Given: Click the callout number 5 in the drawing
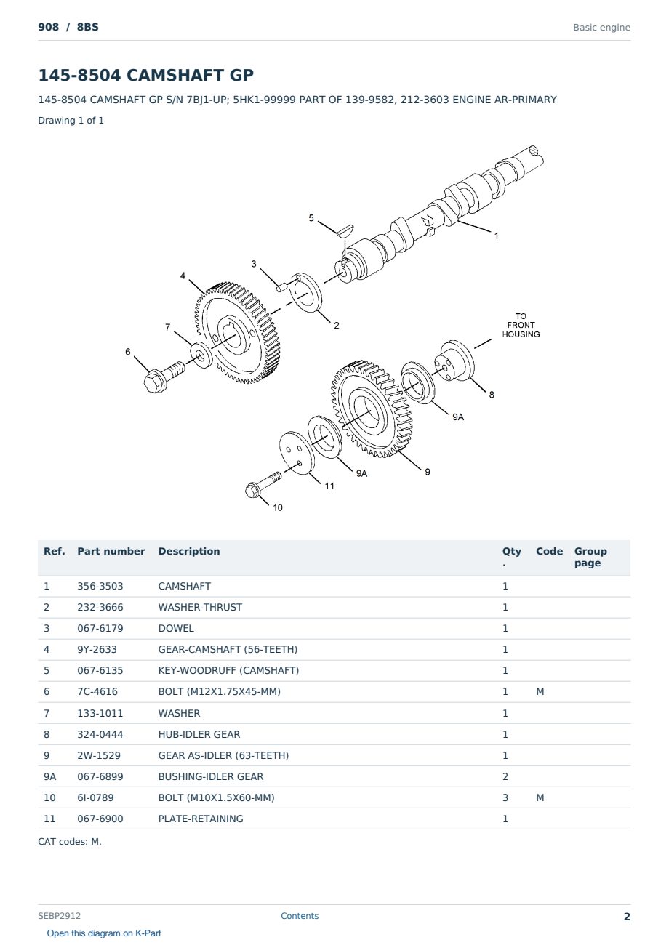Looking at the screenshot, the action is tap(311, 218).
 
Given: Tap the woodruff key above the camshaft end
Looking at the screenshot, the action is tap(346, 230).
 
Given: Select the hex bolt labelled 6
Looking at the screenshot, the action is tap(164, 376).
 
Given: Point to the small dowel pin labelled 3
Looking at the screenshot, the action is tap(282, 286).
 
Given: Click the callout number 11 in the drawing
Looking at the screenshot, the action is tap(329, 486).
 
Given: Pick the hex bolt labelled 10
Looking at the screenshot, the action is tap(263, 484).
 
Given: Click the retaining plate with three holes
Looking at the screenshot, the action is tap(297, 453).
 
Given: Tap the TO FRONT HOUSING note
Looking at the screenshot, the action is tap(521, 325).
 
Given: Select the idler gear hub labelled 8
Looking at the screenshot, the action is tap(454, 361).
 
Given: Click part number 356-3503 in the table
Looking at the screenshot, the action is tap(100, 587).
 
